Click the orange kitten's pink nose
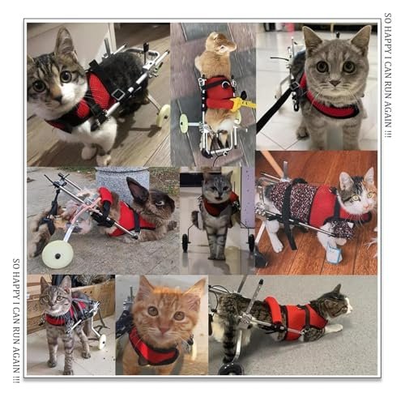[x=164, y=330]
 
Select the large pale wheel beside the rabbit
[x=58, y=254]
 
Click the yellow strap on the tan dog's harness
[x=242, y=103]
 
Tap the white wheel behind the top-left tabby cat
[x=163, y=116]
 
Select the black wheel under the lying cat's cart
[x=230, y=369]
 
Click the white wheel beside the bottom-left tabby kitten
[x=102, y=341]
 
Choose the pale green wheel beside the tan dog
[x=184, y=123]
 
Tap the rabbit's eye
[x=160, y=203]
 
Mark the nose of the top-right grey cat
[x=335, y=83]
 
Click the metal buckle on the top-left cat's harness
[x=117, y=94]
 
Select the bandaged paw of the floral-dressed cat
[x=334, y=253]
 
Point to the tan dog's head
[x=220, y=43]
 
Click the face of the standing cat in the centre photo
[x=217, y=187]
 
